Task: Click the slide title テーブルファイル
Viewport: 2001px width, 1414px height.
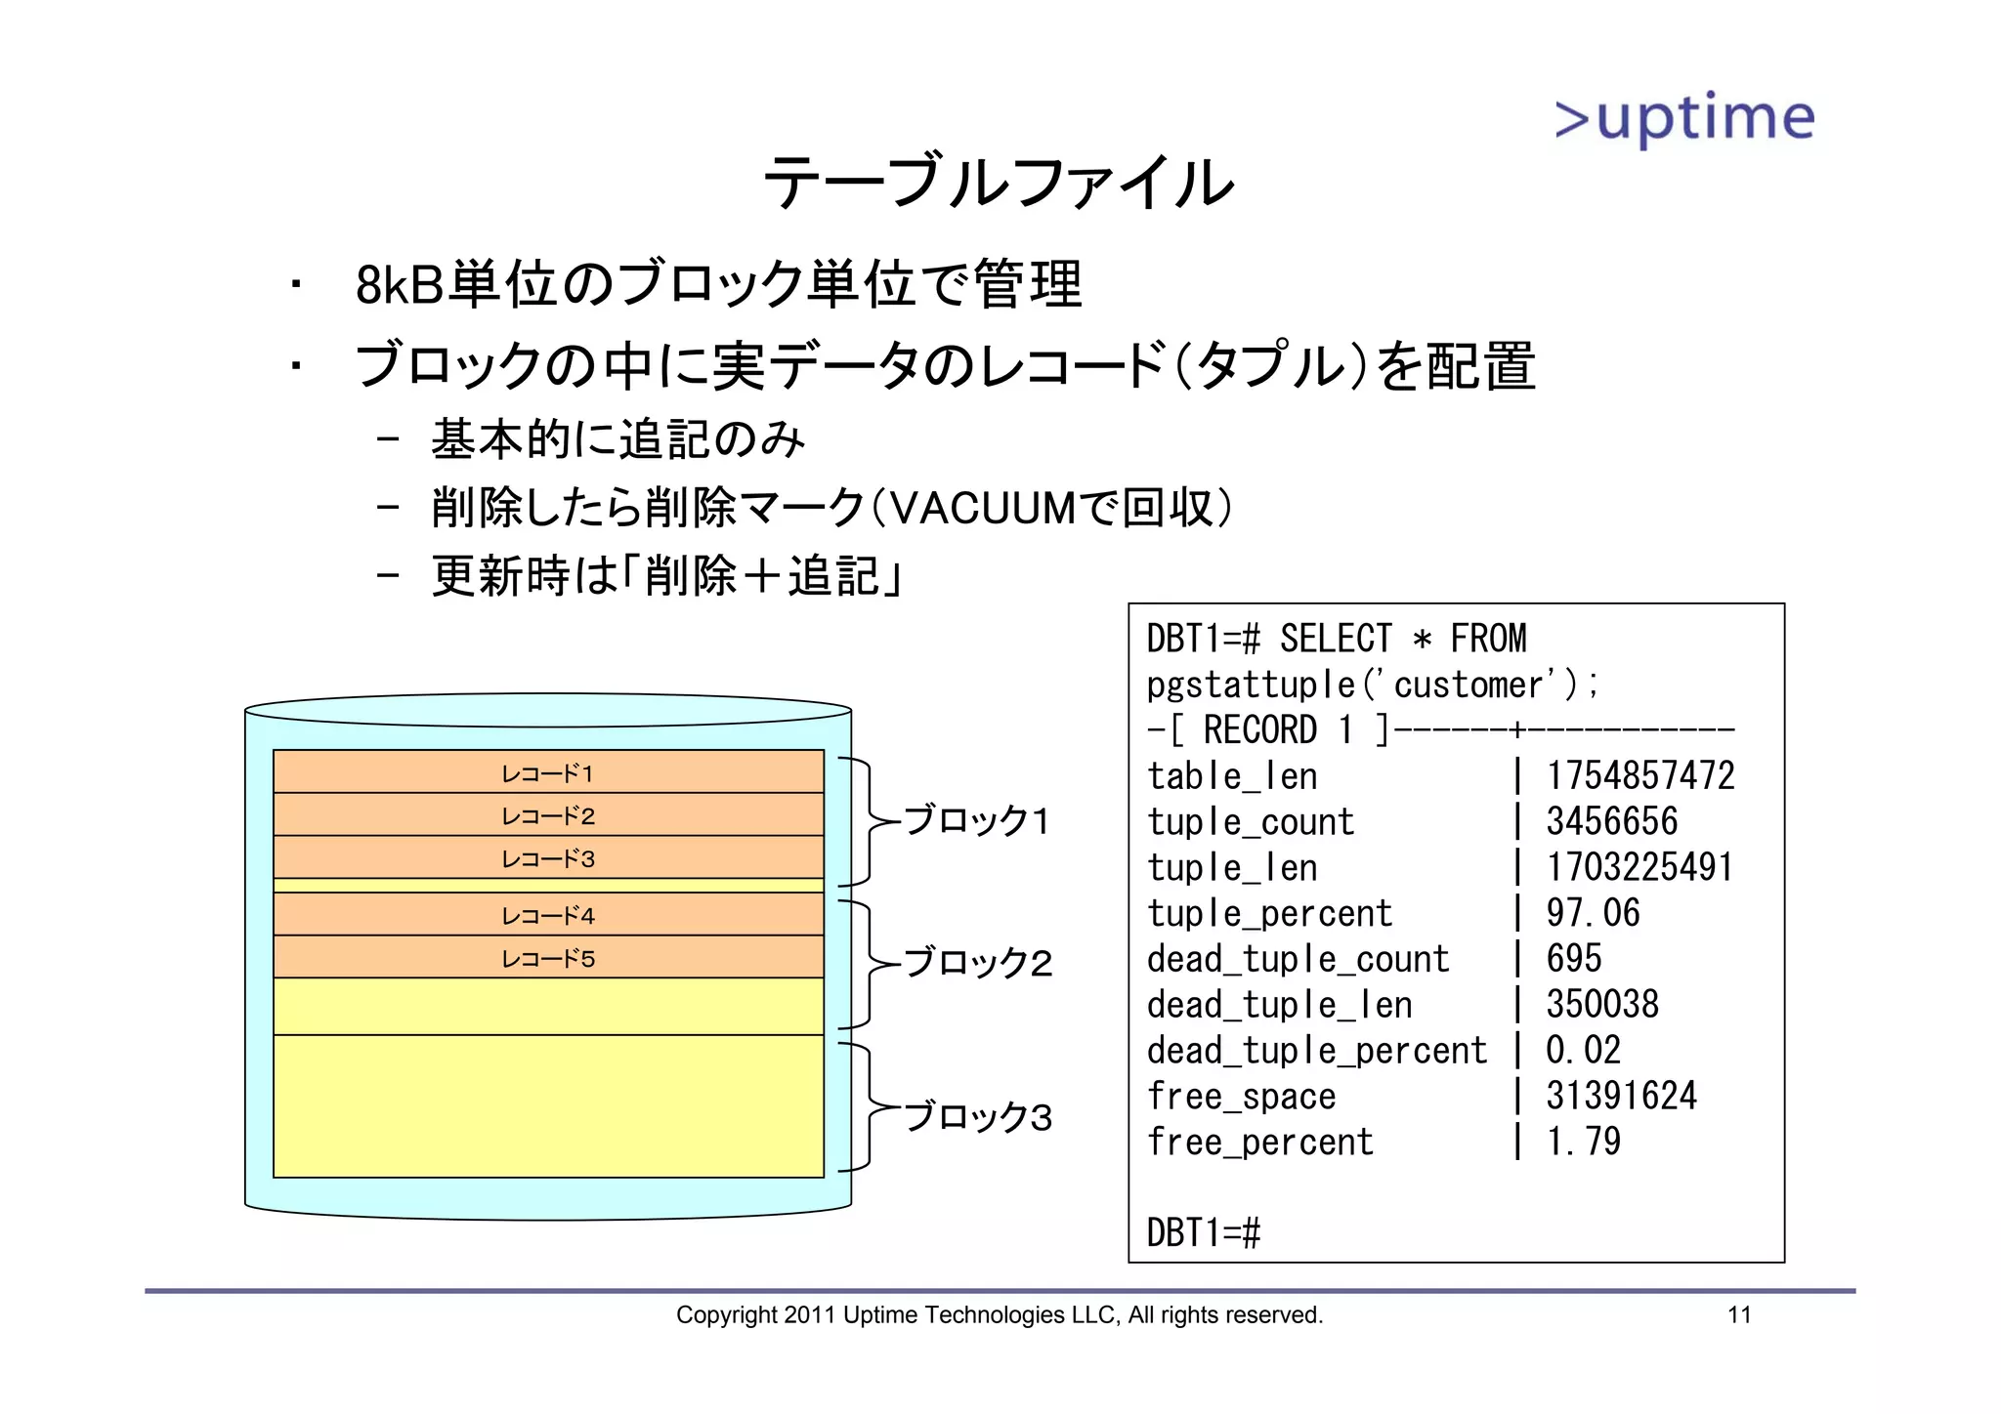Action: click(998, 183)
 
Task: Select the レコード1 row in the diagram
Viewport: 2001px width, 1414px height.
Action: click(548, 772)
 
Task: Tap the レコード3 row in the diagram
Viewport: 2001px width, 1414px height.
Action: click(548, 858)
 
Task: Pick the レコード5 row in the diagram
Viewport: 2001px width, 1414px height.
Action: click(548, 958)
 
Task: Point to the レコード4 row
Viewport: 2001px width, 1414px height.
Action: click(548, 915)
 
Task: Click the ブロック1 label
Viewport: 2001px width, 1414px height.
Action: click(976, 821)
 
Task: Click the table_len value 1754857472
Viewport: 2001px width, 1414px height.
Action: click(1639, 776)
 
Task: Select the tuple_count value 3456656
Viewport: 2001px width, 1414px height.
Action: click(1611, 821)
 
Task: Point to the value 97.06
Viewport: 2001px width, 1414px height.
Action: click(1593, 913)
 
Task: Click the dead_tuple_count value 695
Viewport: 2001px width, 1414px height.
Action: click(1573, 959)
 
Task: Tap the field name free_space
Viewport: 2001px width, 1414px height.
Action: click(1241, 1097)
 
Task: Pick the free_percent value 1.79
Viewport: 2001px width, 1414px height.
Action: click(1583, 1142)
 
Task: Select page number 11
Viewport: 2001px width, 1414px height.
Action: click(1739, 1315)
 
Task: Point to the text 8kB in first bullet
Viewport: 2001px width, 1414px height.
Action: click(399, 285)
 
